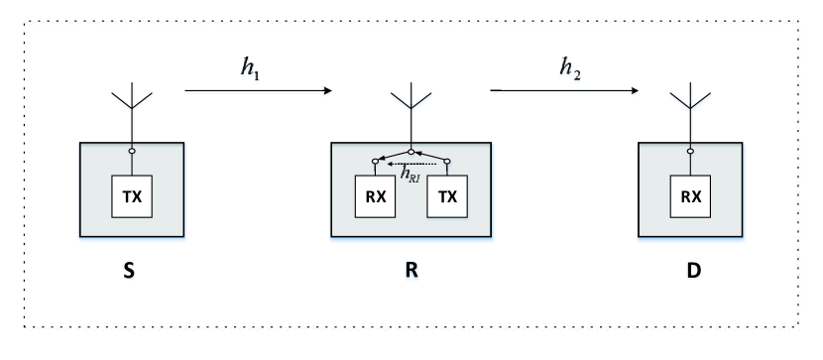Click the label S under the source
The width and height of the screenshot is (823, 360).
tap(132, 267)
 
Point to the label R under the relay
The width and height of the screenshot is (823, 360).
tap(411, 267)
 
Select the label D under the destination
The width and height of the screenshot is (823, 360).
tap(690, 267)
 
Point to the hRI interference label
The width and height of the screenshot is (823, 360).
tap(410, 173)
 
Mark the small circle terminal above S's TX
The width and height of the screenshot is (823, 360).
tap(131, 152)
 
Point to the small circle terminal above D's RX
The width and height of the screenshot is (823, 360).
tap(690, 152)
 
